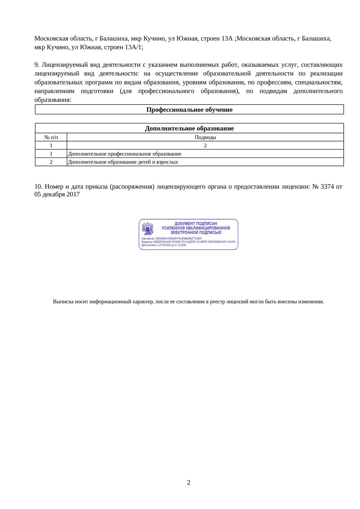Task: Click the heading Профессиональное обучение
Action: pos(189,110)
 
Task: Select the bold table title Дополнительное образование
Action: pos(189,128)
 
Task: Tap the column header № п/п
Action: pos(51,137)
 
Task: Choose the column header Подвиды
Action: pos(205,137)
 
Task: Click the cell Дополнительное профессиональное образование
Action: pos(125,154)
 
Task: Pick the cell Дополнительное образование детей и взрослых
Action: pos(123,162)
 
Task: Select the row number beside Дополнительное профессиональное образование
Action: pos(51,154)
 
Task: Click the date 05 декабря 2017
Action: pos(57,194)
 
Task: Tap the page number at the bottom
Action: pos(189,483)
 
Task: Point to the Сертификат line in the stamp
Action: pos(172,239)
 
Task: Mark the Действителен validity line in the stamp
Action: pos(164,245)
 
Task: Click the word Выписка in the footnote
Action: pos(63,302)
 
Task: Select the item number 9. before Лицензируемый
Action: pos(37,65)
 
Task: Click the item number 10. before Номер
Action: pos(38,186)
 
